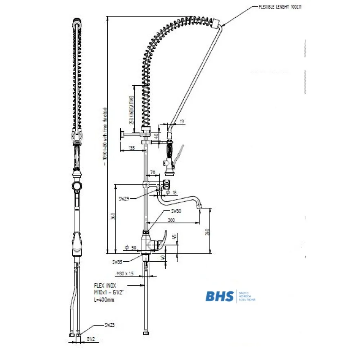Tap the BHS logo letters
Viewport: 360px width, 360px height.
(x=219, y=296)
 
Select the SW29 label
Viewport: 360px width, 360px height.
(x=124, y=198)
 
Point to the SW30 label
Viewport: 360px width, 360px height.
(x=176, y=211)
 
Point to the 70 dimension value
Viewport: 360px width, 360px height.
(x=152, y=173)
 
